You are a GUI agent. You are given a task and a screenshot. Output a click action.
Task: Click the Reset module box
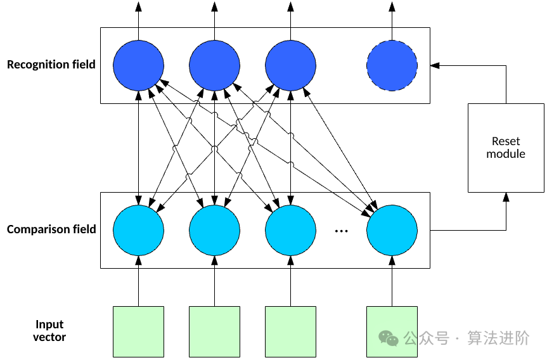[x=506, y=148]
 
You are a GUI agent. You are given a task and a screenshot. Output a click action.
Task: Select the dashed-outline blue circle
[x=392, y=65]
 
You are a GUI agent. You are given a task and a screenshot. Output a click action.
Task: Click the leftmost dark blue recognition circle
[x=138, y=65]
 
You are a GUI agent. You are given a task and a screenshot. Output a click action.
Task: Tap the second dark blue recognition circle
[x=214, y=65]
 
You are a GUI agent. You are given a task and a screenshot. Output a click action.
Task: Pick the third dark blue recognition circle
[x=290, y=65]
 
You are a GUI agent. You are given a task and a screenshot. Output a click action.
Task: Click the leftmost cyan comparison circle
[x=138, y=230]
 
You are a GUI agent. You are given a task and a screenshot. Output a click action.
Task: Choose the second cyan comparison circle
[x=214, y=230]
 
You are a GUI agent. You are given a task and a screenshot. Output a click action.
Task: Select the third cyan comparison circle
[x=290, y=230]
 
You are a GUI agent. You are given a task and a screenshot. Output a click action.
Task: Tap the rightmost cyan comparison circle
[x=392, y=230]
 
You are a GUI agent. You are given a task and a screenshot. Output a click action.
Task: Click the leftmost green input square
[x=138, y=331]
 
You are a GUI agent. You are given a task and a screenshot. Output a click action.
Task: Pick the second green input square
[x=214, y=331]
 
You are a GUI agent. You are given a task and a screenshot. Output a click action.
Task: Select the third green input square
[x=290, y=331]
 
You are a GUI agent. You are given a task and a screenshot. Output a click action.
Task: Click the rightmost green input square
[x=392, y=331]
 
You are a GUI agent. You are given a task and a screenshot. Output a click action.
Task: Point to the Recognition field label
[x=51, y=64]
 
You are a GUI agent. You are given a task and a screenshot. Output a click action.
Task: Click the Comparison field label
[x=51, y=229]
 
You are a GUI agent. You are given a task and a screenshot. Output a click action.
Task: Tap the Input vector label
[x=49, y=331]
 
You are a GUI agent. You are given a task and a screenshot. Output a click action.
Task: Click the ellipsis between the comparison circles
[x=341, y=231]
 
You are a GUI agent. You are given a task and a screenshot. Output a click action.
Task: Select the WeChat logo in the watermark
[x=389, y=338]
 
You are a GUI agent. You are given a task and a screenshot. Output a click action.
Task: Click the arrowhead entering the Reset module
[x=506, y=196]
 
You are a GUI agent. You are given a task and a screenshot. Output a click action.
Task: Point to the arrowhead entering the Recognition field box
[x=434, y=65]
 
